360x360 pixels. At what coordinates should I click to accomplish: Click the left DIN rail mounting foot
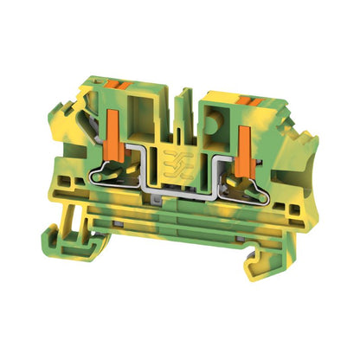tap(63, 233)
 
